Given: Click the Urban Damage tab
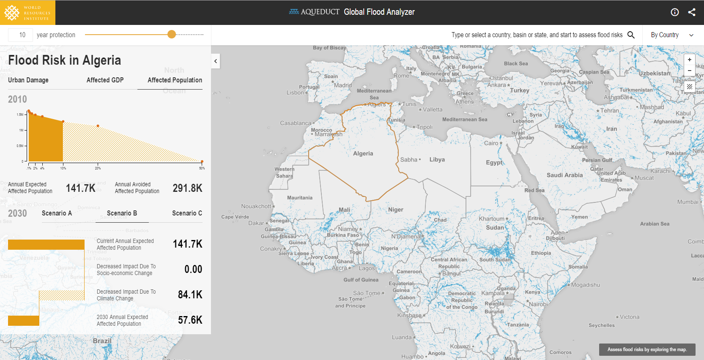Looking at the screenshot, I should point(28,80).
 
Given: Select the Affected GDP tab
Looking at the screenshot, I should point(105,80).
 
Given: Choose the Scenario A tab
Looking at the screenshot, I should point(57,213).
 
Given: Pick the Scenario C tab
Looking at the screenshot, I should point(187,213).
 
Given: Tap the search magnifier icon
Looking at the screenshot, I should point(631,35).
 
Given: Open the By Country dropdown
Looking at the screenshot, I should point(672,35).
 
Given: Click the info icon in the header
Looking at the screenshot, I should point(675,12).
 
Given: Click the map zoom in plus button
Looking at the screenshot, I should point(690,60).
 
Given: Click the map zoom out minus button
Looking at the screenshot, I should point(690,71).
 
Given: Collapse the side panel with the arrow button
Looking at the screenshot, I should point(216,61).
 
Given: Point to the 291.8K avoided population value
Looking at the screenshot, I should point(187,188).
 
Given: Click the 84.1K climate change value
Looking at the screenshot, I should point(190,295).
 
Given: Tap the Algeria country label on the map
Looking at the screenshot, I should point(363,154).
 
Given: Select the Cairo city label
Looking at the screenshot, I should point(491,143).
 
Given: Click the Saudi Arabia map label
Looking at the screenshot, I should point(564,175).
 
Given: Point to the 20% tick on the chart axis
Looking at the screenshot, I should point(98,168).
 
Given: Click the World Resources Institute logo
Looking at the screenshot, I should point(27,13).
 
